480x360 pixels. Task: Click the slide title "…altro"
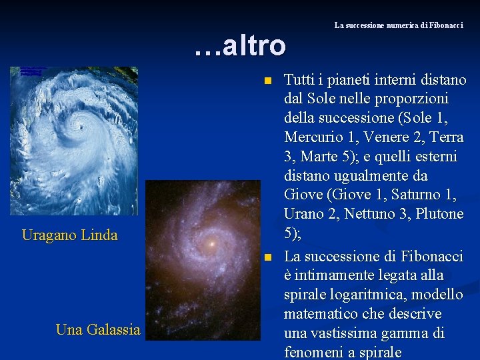click(x=240, y=45)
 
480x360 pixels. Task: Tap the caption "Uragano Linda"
click(x=69, y=235)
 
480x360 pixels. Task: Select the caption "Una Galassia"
click(x=98, y=329)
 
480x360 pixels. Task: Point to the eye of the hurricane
click(x=82, y=124)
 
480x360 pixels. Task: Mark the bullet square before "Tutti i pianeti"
click(x=267, y=81)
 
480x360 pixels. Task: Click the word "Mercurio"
click(x=312, y=137)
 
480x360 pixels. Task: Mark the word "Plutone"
click(x=438, y=215)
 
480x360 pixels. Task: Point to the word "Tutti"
click(x=300, y=80)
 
